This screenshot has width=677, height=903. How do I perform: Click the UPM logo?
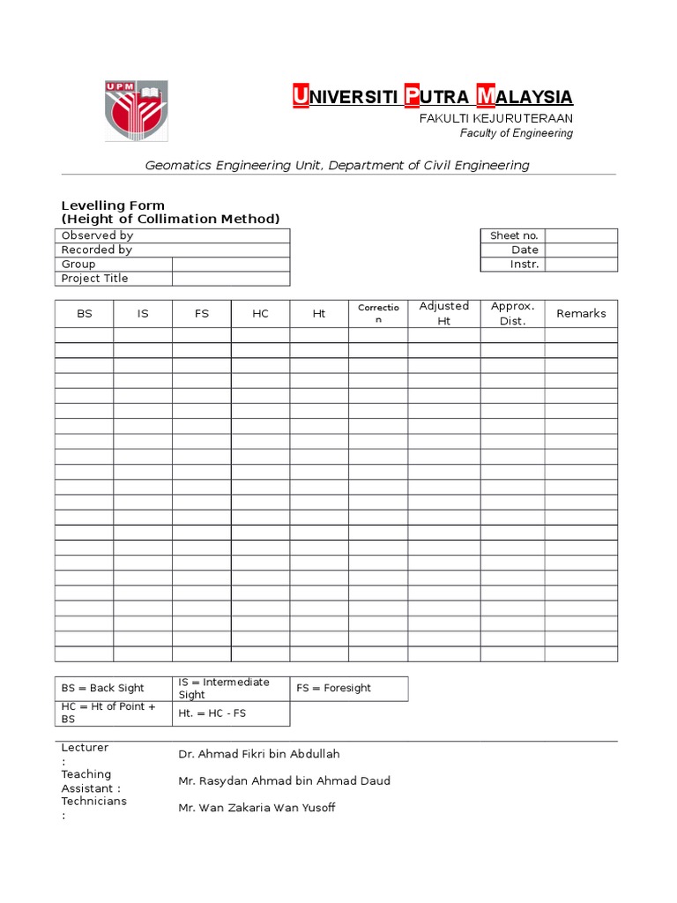click(x=137, y=110)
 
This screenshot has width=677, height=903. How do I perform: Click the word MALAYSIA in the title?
click(x=524, y=96)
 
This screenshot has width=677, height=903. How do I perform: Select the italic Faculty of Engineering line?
click(x=517, y=133)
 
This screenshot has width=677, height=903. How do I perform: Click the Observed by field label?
click(x=97, y=235)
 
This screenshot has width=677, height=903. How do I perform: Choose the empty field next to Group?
click(x=230, y=264)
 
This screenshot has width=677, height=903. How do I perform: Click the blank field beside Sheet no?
click(x=581, y=235)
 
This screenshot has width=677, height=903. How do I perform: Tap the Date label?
click(x=524, y=250)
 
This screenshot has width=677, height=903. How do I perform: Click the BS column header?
click(x=85, y=314)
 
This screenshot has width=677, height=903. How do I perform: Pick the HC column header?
click(x=260, y=314)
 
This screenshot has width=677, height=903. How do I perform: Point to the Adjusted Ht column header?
click(x=444, y=313)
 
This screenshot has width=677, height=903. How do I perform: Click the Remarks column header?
click(x=581, y=313)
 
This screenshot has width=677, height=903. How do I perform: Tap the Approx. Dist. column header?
click(x=512, y=313)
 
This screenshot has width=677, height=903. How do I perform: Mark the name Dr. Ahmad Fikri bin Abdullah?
click(x=258, y=754)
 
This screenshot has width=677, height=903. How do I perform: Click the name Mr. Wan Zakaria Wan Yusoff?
click(x=257, y=808)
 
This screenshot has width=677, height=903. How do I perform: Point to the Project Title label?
click(x=94, y=278)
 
